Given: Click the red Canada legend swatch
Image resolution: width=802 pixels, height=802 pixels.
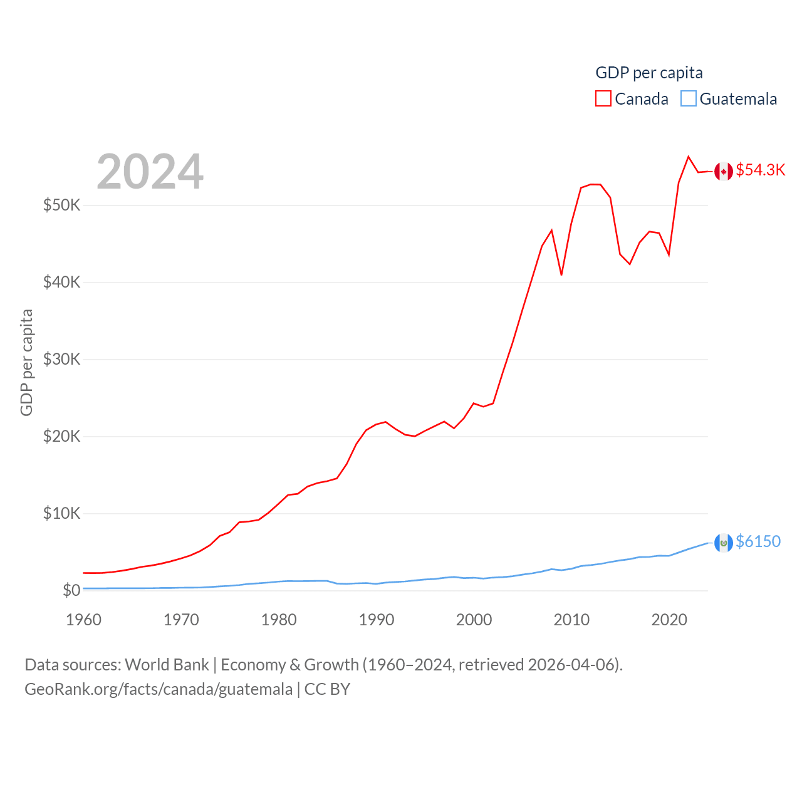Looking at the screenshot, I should click(x=603, y=99).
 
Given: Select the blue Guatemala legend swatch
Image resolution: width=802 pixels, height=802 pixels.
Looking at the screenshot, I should click(x=688, y=99).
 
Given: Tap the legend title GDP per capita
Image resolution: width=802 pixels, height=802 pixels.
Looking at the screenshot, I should click(x=648, y=73).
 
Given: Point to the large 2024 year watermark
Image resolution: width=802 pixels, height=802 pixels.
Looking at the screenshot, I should click(x=150, y=172).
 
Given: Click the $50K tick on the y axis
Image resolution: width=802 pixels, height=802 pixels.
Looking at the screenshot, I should click(x=61, y=205).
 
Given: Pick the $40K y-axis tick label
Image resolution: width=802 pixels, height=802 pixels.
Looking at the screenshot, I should click(x=61, y=282).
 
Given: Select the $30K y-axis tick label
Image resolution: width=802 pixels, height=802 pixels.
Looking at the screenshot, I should click(x=61, y=359).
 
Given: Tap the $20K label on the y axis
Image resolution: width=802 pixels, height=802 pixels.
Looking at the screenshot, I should click(x=61, y=436).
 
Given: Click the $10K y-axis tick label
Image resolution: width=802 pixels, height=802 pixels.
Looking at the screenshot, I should click(x=61, y=513).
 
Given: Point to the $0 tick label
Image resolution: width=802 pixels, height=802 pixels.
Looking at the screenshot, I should click(x=71, y=590).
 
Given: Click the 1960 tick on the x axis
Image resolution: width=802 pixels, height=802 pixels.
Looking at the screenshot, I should click(x=83, y=620).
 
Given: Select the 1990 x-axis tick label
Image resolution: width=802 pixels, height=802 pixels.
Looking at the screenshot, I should click(x=377, y=620).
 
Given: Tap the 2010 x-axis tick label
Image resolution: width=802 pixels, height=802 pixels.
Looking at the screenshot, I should click(x=571, y=620).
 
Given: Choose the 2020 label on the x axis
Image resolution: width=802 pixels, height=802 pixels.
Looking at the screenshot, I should click(x=669, y=620).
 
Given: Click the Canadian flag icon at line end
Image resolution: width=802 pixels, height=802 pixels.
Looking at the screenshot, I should click(x=724, y=171).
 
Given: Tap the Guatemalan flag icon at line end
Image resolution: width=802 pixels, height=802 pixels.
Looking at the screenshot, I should click(x=724, y=543).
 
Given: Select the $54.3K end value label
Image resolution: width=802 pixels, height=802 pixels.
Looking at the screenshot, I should click(x=760, y=170).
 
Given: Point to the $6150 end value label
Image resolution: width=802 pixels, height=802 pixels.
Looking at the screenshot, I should click(x=758, y=541).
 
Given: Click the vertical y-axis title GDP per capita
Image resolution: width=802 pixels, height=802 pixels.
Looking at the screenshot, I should click(x=26, y=362).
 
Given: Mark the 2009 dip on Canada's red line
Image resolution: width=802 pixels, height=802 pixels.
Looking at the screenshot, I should click(x=561, y=274).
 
